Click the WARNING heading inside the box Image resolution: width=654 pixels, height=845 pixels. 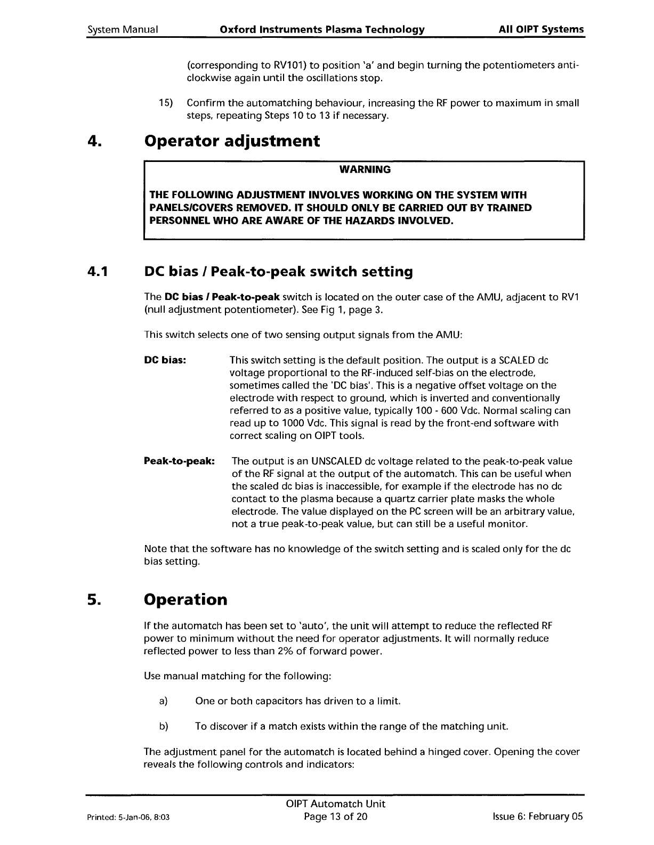(365, 169)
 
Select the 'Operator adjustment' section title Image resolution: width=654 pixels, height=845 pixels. (232, 141)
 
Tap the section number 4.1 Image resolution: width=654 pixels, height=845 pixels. (98, 272)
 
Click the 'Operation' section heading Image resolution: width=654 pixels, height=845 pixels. (185, 599)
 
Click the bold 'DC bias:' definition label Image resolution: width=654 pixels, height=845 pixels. (165, 360)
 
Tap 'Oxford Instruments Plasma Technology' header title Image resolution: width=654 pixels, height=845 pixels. (322, 29)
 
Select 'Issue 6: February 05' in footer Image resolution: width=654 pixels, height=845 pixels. (538, 817)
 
